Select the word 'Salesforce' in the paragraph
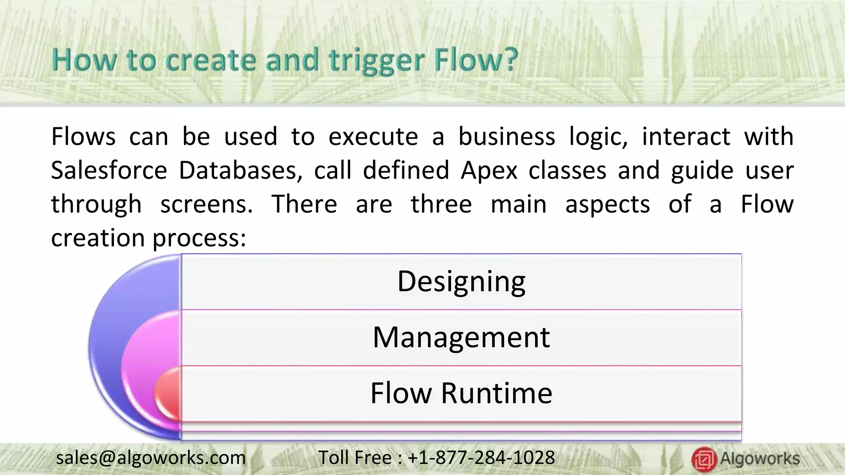click(x=109, y=170)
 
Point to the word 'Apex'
click(x=489, y=171)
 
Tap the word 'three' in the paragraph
click(x=441, y=204)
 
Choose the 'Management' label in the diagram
click(x=461, y=337)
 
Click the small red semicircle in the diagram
click(x=169, y=394)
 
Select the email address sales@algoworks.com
click(x=151, y=458)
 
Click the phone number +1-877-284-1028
click(x=481, y=458)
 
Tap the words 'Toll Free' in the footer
click(x=355, y=458)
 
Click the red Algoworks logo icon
click(x=704, y=459)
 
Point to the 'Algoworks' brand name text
click(x=760, y=459)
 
